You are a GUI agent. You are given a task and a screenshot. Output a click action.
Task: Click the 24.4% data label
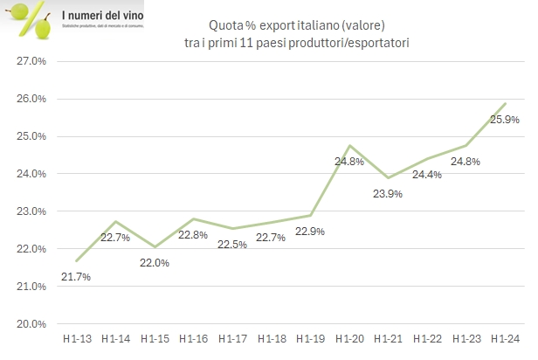(426, 175)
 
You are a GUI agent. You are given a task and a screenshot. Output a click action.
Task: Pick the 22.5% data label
(232, 246)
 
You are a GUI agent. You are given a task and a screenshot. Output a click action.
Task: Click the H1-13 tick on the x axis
(75, 338)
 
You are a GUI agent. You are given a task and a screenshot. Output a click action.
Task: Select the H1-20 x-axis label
(348, 338)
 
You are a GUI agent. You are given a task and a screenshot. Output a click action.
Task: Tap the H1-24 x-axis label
(504, 338)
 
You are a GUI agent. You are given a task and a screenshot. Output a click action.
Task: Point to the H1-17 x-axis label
(231, 338)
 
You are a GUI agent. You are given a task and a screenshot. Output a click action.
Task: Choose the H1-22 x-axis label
(426, 338)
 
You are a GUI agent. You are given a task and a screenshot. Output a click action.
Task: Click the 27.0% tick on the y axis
(32, 61)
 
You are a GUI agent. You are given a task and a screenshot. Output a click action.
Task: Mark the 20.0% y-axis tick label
(32, 323)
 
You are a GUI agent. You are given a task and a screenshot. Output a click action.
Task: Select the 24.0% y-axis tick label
(32, 174)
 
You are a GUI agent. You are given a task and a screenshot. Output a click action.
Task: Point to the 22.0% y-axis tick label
(32, 249)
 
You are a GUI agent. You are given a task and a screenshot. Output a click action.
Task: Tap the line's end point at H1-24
(506, 104)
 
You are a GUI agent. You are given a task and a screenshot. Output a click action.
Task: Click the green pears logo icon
(32, 19)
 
